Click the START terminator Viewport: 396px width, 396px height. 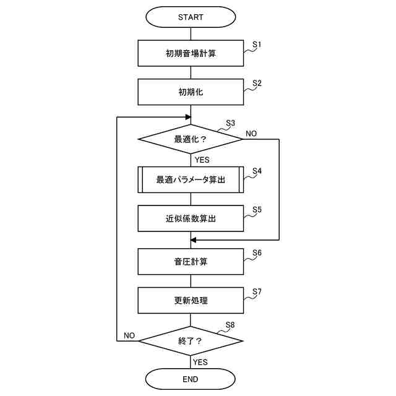(191, 17)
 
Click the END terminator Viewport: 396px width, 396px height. (191, 379)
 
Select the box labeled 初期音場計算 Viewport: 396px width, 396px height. (191, 53)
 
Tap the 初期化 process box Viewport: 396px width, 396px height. (191, 92)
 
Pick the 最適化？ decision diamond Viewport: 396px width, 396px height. (191, 139)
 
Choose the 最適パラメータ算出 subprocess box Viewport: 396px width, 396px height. (191, 179)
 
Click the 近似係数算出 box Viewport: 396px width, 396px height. (191, 218)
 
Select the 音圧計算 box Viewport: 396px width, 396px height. (191, 261)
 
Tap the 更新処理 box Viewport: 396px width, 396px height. (191, 301)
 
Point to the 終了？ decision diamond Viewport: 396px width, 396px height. (191, 340)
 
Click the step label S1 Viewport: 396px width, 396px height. (257, 45)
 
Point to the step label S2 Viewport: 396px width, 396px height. (257, 83)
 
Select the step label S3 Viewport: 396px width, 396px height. (231, 123)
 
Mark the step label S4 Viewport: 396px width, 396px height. (257, 170)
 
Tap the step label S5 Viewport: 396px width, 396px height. (257, 209)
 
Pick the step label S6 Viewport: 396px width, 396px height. (257, 252)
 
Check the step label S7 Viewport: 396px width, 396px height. (257, 291)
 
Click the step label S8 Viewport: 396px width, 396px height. (230, 324)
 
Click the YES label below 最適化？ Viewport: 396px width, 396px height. (202, 160)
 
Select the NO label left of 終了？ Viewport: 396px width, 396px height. (129, 335)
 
